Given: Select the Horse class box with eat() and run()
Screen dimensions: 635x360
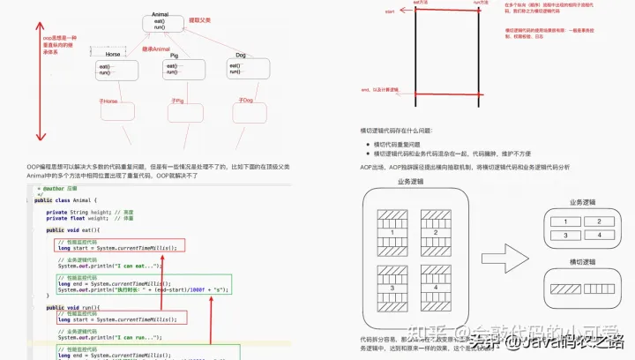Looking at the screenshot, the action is pos(111,68).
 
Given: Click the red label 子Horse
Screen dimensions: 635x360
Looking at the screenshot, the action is pos(108,101).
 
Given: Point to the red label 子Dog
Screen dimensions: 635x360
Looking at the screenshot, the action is pos(245,101).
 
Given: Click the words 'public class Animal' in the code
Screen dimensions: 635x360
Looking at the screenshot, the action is pos(71,201).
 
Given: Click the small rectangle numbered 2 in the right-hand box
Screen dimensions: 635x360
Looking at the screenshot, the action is pos(598,221).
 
